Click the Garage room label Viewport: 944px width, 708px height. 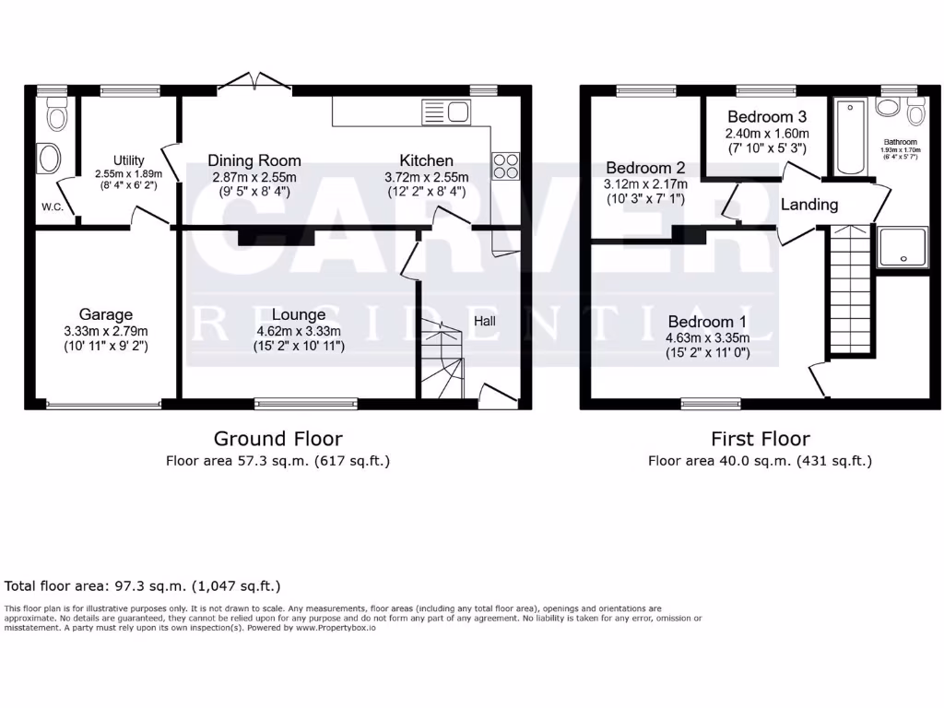[105, 315]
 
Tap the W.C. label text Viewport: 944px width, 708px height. [52, 206]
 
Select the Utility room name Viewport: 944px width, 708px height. [129, 160]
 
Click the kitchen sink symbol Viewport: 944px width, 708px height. [446, 113]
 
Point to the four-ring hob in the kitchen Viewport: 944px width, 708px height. [506, 165]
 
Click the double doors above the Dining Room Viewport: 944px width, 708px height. [257, 82]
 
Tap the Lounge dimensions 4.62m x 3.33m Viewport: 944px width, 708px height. [299, 331]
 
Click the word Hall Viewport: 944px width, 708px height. [485, 321]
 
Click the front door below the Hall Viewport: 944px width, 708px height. [498, 396]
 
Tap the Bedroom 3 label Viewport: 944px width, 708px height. [767, 117]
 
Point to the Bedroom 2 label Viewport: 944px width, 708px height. [645, 168]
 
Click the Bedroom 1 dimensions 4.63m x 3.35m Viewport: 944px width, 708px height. [708, 337]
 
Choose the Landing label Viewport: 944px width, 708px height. [809, 205]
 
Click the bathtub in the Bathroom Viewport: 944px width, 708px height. [850, 138]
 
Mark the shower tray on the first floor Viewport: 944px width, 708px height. [903, 246]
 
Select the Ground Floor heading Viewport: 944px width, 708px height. [277, 439]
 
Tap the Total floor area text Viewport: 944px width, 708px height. [143, 585]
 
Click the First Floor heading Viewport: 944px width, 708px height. [760, 439]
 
